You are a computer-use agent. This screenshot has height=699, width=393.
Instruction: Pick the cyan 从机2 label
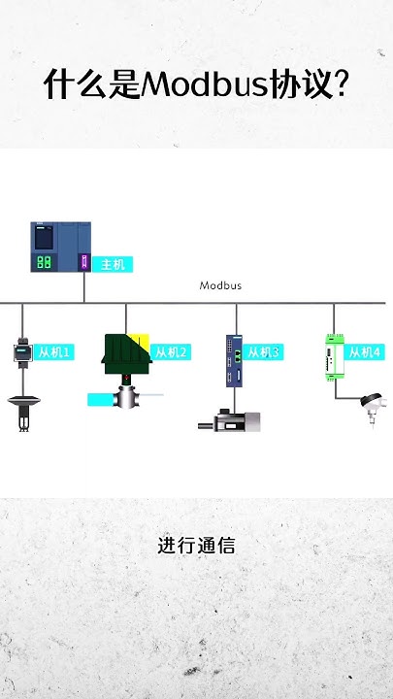[x=171, y=352]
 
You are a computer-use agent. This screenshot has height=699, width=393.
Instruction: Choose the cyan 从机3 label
[x=263, y=352]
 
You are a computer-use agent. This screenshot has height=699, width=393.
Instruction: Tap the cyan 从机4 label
[x=365, y=352]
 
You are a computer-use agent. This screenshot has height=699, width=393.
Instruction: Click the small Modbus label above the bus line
[x=220, y=285]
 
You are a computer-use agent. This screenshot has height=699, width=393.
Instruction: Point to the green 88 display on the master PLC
[x=44, y=262]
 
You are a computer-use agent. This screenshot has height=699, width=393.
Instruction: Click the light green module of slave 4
[x=333, y=354]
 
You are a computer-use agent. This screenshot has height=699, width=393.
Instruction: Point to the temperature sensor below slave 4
[x=370, y=403]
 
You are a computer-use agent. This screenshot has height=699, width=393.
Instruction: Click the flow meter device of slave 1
[x=22, y=351]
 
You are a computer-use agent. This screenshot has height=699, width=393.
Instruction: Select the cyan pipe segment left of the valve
[x=100, y=399]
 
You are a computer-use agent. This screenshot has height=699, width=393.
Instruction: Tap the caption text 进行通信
[x=196, y=546]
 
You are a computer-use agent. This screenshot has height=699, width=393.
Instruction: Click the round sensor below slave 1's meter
[x=22, y=400]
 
